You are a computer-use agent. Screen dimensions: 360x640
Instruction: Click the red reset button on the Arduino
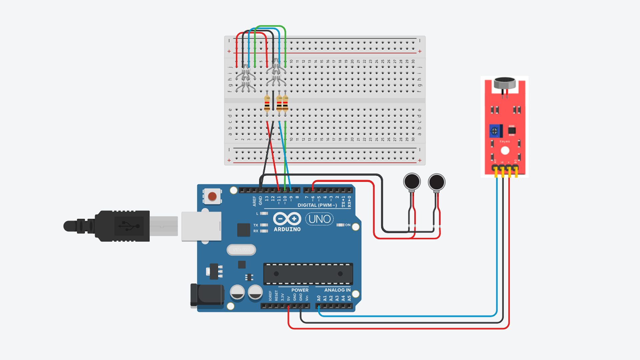pyautogui.click(x=212, y=197)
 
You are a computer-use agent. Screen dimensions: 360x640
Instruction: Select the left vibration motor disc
pyautogui.click(x=412, y=182)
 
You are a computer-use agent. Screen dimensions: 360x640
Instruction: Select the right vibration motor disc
pyautogui.click(x=437, y=182)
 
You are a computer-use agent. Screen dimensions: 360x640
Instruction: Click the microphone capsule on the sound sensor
pyautogui.click(x=505, y=83)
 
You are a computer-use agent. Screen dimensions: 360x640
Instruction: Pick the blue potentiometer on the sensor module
pyautogui.click(x=495, y=131)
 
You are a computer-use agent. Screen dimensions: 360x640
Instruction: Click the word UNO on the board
pyautogui.click(x=319, y=219)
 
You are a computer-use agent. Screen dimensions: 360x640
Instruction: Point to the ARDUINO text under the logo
pyautogui.click(x=287, y=229)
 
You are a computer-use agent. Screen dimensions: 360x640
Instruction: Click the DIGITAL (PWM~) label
pyautogui.click(x=317, y=205)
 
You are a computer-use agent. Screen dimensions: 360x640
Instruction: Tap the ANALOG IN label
pyautogui.click(x=337, y=290)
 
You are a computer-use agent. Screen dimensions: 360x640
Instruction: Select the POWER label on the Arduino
pyautogui.click(x=300, y=290)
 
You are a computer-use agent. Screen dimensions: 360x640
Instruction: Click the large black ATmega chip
pyautogui.click(x=308, y=274)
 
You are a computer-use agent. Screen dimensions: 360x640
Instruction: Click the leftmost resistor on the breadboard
pyautogui.click(x=267, y=103)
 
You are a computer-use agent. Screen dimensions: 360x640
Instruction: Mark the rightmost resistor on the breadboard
pyautogui.click(x=285, y=103)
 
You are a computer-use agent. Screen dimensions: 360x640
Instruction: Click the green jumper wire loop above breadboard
pyautogui.click(x=270, y=26)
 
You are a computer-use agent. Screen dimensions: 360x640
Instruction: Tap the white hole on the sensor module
pyautogui.click(x=505, y=151)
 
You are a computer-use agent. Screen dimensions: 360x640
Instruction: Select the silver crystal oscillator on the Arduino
pyautogui.click(x=241, y=250)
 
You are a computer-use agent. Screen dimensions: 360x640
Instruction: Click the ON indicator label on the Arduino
pyautogui.click(x=347, y=225)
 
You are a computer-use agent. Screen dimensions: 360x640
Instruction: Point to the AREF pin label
pyautogui.click(x=255, y=201)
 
